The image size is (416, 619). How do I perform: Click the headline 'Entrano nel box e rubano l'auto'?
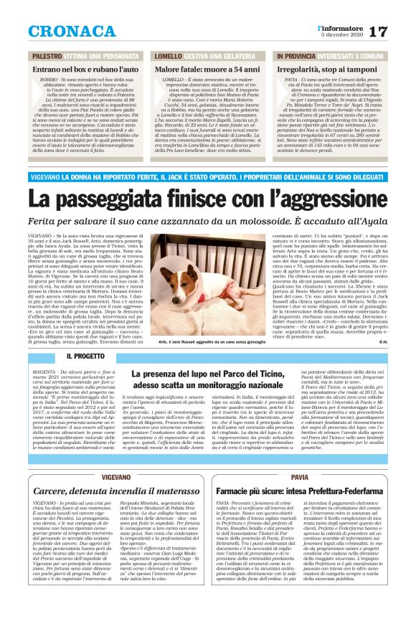point(81,67)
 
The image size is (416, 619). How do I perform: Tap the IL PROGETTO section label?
point(85,356)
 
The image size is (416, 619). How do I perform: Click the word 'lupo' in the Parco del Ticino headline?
point(209,374)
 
